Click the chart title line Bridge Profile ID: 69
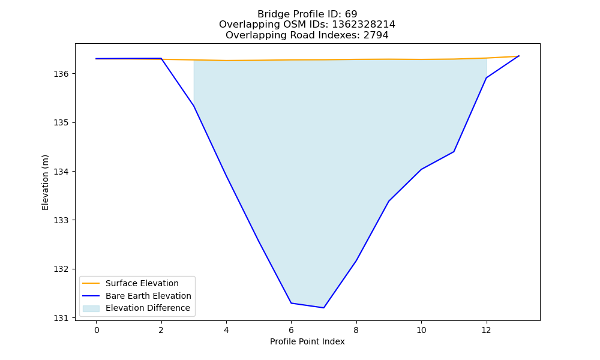[307, 14]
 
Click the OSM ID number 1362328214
[364, 25]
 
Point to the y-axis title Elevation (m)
[45, 182]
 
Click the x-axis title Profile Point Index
[307, 341]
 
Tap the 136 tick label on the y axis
[61, 74]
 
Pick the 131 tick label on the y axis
[61, 318]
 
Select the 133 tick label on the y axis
[61, 220]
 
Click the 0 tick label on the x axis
[97, 330]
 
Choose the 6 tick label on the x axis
[291, 330]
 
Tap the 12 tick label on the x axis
[487, 330]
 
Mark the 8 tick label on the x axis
[356, 330]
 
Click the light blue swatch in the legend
[91, 308]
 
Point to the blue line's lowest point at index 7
[324, 308]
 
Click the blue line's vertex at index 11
[454, 151]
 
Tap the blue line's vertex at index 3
[194, 106]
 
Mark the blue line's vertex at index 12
[487, 78]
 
